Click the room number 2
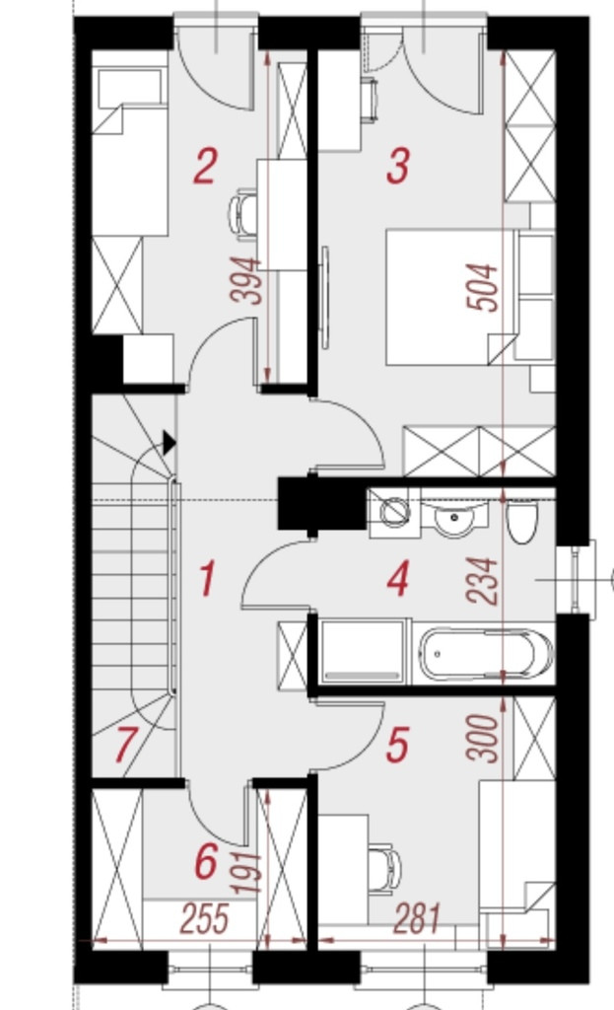(x=205, y=166)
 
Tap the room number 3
(x=398, y=166)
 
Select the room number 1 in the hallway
(x=207, y=578)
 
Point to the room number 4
(x=398, y=578)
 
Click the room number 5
(x=397, y=745)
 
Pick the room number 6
(x=206, y=862)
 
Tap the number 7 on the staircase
(x=125, y=745)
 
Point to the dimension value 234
(x=483, y=582)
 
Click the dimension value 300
(x=483, y=738)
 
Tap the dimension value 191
(x=247, y=874)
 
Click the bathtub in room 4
(x=486, y=654)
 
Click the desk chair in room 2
(x=243, y=214)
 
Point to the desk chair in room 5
(x=385, y=869)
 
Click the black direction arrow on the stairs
(x=169, y=443)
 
